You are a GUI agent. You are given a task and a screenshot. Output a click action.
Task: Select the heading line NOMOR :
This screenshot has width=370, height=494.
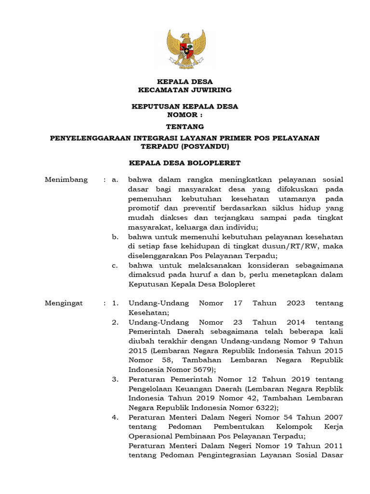coord(185,115)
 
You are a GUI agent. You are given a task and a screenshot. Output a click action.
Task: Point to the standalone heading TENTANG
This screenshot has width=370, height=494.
coord(185,127)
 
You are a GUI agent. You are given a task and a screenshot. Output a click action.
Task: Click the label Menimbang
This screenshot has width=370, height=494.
coord(66,179)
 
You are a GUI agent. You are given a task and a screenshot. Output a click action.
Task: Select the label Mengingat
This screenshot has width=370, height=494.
coord(64,303)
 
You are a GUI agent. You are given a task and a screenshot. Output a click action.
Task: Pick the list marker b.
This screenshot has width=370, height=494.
coord(115,237)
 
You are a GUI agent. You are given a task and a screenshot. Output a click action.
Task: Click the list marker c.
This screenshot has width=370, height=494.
coord(115,265)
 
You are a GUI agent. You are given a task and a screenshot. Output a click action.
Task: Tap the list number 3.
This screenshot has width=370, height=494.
coord(115,379)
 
